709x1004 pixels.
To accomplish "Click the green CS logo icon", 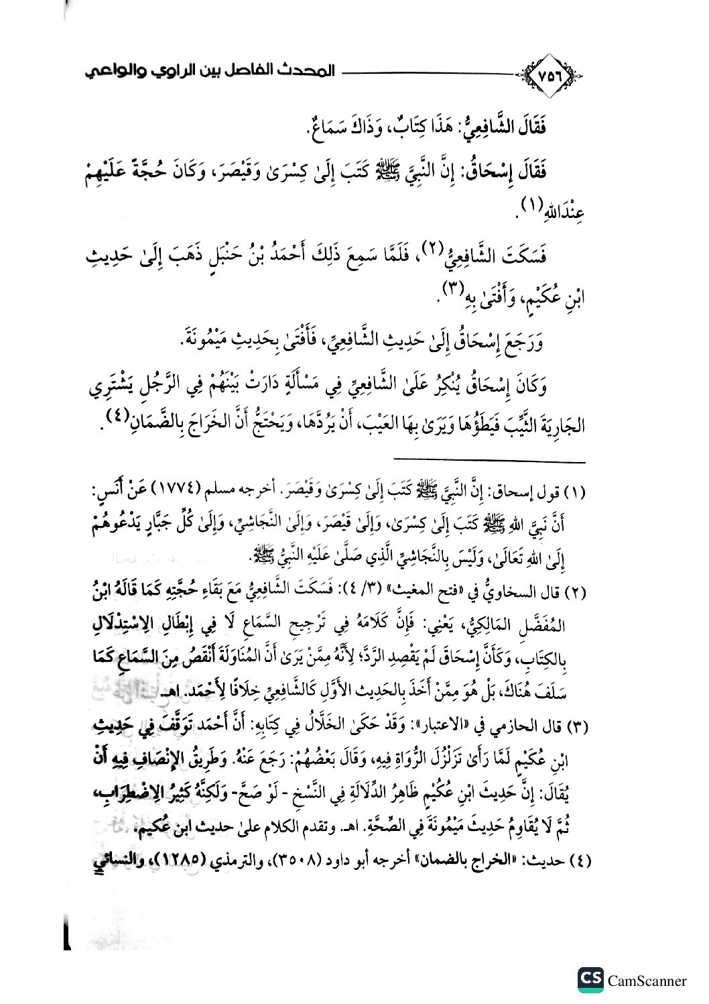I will (x=590, y=980).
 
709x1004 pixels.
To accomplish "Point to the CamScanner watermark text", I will (x=647, y=981).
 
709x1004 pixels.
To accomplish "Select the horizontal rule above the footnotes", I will (x=489, y=461).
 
